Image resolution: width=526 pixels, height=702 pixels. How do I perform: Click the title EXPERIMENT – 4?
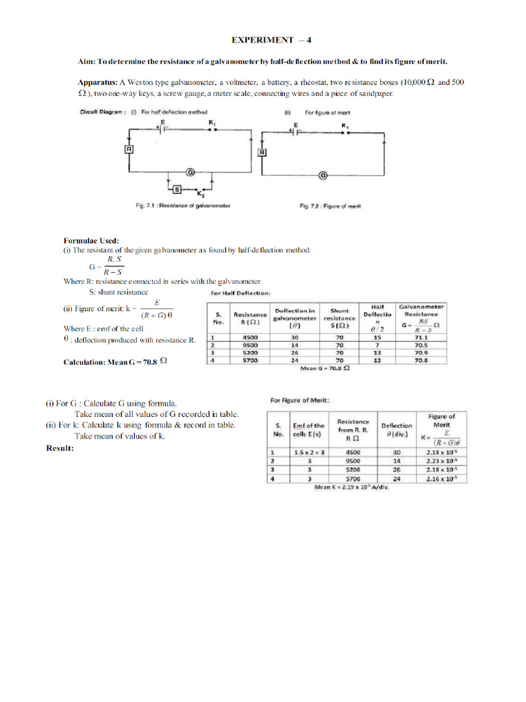pyautogui.click(x=262, y=40)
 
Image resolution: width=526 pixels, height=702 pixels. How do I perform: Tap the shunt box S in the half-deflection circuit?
pyautogui.click(x=177, y=189)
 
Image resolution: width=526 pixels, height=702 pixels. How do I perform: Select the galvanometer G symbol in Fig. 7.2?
pyautogui.click(x=322, y=175)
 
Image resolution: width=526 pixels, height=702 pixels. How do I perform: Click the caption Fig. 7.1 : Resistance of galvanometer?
pyautogui.click(x=183, y=206)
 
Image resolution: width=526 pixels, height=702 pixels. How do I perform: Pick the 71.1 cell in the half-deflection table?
pyautogui.click(x=421, y=337)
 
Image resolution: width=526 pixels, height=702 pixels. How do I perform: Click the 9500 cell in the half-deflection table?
pyautogui.click(x=250, y=345)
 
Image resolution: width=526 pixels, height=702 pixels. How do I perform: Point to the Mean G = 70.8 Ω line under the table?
pyautogui.click(x=326, y=368)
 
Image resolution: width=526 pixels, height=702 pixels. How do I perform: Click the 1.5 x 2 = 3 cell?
pyautogui.click(x=309, y=452)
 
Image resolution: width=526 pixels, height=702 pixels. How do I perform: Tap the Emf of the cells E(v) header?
pyautogui.click(x=309, y=430)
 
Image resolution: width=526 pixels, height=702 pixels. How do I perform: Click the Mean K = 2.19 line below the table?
pyautogui.click(x=351, y=487)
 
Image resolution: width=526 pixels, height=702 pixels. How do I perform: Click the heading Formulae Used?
pyautogui.click(x=91, y=241)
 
